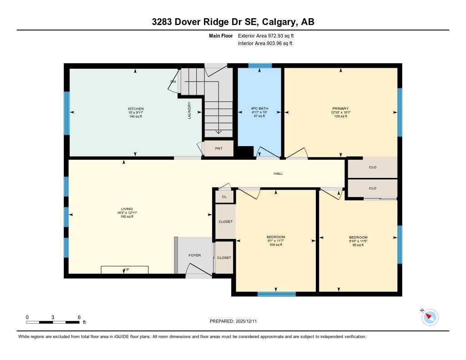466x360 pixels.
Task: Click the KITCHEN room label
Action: tap(136, 109)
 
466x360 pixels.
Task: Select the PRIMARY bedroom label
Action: tap(340, 109)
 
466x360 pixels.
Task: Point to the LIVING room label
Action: tap(127, 209)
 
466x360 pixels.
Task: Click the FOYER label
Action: tap(195, 255)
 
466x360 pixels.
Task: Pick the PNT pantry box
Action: tap(219, 148)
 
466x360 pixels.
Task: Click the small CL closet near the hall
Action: tap(224, 197)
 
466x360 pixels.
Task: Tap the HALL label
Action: tap(278, 173)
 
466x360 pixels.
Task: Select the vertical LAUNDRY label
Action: tap(189, 110)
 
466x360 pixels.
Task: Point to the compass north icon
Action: tap(430, 317)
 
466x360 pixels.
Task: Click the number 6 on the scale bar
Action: tap(79, 317)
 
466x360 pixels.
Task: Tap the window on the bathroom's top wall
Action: tap(260, 66)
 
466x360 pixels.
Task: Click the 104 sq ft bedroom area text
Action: tap(276, 245)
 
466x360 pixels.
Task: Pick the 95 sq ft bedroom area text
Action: tap(358, 245)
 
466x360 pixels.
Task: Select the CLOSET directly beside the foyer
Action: tap(224, 258)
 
